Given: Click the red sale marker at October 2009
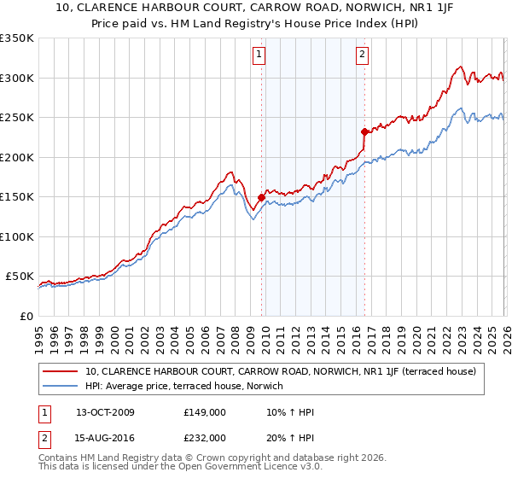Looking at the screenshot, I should [261, 197].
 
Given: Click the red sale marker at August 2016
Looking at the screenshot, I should [364, 131].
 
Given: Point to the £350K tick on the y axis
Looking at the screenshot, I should [17, 38].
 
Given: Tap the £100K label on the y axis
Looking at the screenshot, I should [17, 236].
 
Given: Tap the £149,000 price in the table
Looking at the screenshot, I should [205, 412].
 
